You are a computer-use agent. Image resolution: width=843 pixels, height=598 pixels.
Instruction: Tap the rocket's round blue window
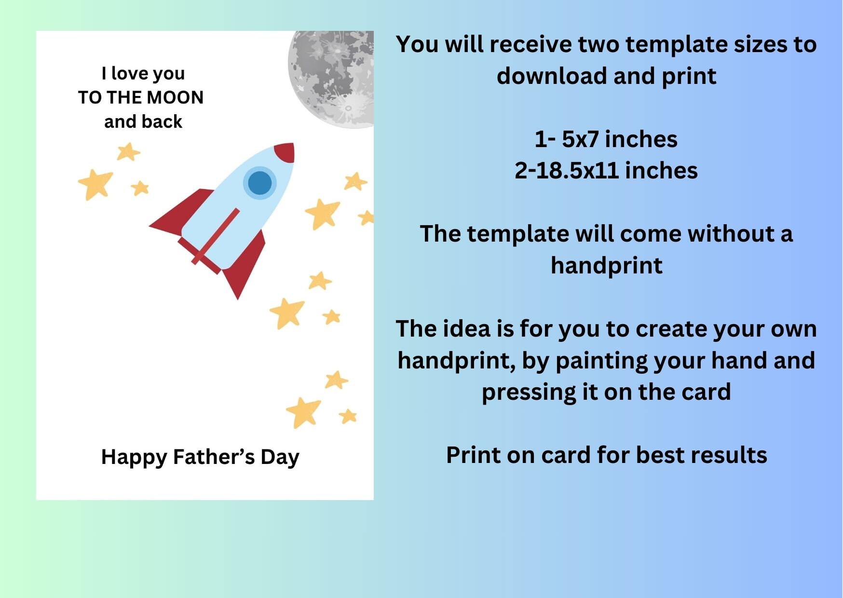pos(260,183)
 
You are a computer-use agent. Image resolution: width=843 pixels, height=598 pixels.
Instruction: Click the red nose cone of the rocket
pos(285,152)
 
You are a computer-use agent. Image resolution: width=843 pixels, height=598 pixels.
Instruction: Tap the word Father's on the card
pos(214,457)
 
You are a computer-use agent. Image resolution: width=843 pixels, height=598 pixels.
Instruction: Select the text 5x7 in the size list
pos(580,139)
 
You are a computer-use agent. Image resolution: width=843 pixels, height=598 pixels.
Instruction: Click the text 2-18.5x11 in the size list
pos(566,171)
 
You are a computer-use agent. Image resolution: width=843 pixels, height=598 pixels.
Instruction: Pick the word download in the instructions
pos(551,76)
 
